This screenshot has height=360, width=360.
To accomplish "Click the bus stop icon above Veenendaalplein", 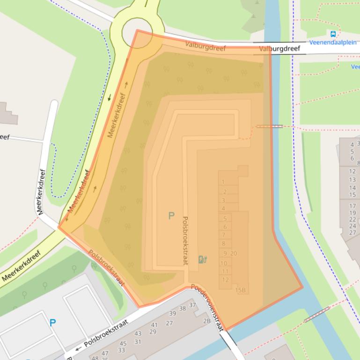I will point(333,34).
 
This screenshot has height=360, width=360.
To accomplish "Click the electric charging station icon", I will point(203,259).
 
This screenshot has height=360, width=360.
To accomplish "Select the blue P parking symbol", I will point(53,323).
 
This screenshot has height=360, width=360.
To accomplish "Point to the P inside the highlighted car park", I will point(171,216).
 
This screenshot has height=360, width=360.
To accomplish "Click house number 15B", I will point(241,290).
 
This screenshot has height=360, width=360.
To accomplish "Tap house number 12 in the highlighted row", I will point(226,280).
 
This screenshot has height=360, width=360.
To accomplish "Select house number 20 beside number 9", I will point(234,253).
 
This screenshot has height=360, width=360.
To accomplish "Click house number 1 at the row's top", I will point(223,182).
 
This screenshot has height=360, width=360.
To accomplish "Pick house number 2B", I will point(206,321).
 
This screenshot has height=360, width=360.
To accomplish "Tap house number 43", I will point(138,334).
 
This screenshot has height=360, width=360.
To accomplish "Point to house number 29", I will point(153,332).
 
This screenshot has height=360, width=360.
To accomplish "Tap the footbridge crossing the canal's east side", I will point(270,126).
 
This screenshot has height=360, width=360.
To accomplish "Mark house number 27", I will point(169,323).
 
